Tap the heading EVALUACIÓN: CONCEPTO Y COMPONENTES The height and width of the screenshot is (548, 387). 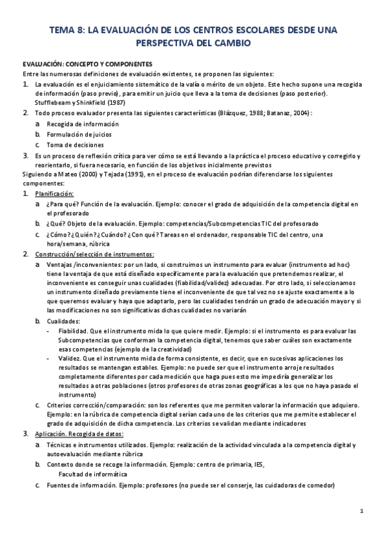pos(87,65)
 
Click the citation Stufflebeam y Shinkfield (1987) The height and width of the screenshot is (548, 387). pos(80,102)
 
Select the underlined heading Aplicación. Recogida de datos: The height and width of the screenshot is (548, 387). pos(79,434)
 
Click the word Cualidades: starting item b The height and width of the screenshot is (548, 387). pos(63,321)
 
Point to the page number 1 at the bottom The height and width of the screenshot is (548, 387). pos(362,512)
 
